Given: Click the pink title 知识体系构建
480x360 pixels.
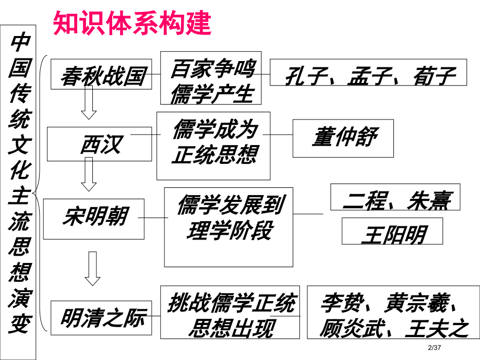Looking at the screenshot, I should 133,23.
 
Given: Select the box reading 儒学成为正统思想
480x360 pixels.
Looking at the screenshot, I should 213,146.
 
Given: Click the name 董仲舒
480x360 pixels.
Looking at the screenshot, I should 343,138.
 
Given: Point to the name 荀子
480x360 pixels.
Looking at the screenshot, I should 434,76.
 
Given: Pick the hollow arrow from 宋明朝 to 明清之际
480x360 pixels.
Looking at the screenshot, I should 92,268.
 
